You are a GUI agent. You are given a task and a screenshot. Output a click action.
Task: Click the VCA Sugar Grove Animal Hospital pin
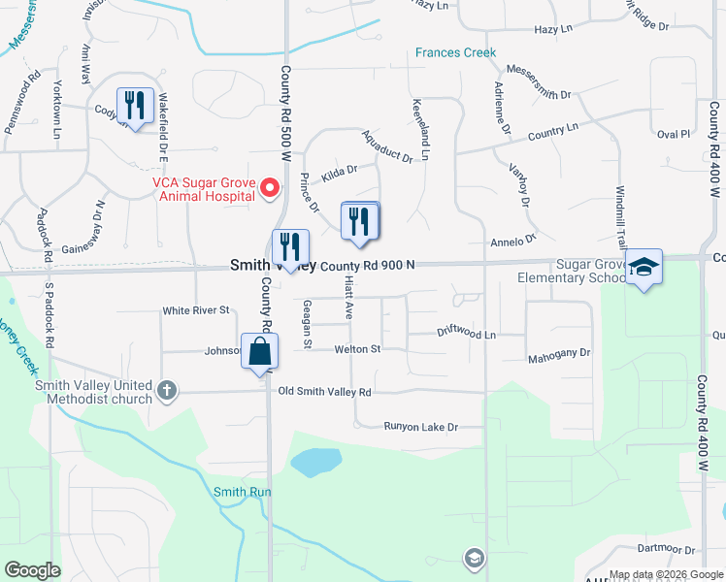(272, 187)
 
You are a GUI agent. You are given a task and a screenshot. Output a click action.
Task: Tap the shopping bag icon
(260, 351)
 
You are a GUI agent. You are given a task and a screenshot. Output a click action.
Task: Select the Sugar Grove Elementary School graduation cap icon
(643, 268)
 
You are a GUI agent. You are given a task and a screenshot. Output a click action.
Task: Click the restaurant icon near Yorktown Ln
(133, 105)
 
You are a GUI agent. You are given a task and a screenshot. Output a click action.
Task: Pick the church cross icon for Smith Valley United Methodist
(167, 391)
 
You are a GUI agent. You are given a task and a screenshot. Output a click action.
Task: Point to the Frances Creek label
(455, 52)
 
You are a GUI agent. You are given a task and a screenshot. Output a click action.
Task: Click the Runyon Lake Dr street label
(419, 427)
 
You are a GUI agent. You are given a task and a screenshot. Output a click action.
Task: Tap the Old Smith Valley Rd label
(324, 392)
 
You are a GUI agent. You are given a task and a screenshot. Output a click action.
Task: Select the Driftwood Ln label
(466, 333)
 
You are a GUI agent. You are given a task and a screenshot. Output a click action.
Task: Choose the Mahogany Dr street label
(558, 355)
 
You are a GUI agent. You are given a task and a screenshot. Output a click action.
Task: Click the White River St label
(195, 310)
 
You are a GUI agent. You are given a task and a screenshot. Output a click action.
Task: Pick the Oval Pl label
(672, 134)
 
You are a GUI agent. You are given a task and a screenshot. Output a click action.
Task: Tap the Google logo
(32, 570)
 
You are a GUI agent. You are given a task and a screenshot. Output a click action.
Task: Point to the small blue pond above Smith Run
(315, 463)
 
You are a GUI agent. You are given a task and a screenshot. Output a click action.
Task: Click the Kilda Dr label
(340, 169)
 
